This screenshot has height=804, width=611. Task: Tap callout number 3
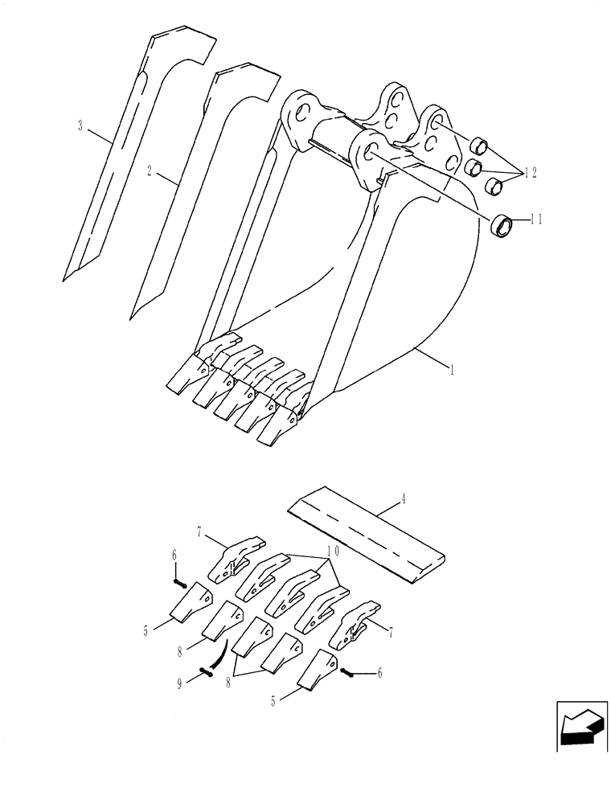pos(80,125)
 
